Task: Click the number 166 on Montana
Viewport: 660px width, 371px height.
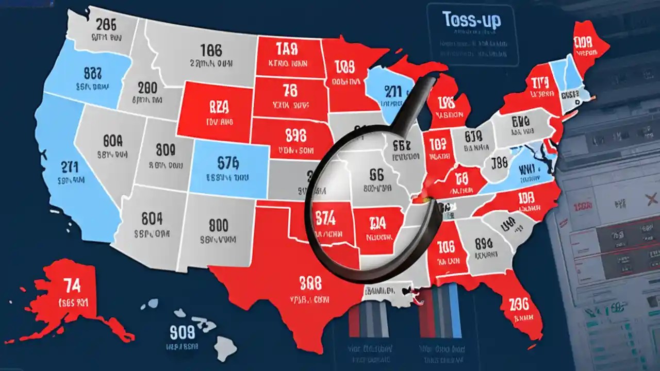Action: click(211, 50)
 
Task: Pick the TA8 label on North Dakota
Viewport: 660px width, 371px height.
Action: click(287, 49)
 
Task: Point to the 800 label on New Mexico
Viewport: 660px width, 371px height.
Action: click(219, 225)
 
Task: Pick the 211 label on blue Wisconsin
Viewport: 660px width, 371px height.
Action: click(393, 92)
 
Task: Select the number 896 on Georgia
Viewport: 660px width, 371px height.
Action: click(484, 242)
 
